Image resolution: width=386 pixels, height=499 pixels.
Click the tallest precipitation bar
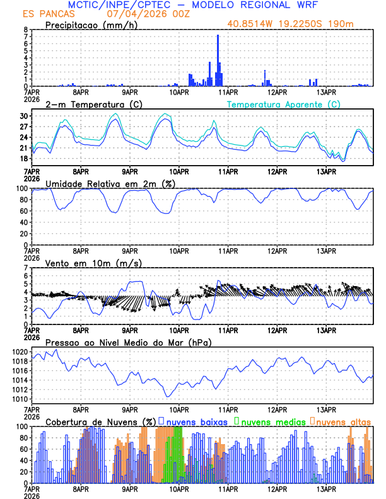[218, 61]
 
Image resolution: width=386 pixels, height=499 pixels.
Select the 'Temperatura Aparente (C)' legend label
[284, 104]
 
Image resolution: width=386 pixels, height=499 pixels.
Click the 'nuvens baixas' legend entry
[197, 422]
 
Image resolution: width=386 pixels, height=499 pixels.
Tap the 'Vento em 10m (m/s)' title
[85, 263]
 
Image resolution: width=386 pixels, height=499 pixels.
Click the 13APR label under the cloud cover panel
[326, 488]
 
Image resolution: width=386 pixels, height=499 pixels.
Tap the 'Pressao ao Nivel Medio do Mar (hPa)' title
[128, 342]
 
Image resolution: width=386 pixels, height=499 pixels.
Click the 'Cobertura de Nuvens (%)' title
[101, 422]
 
